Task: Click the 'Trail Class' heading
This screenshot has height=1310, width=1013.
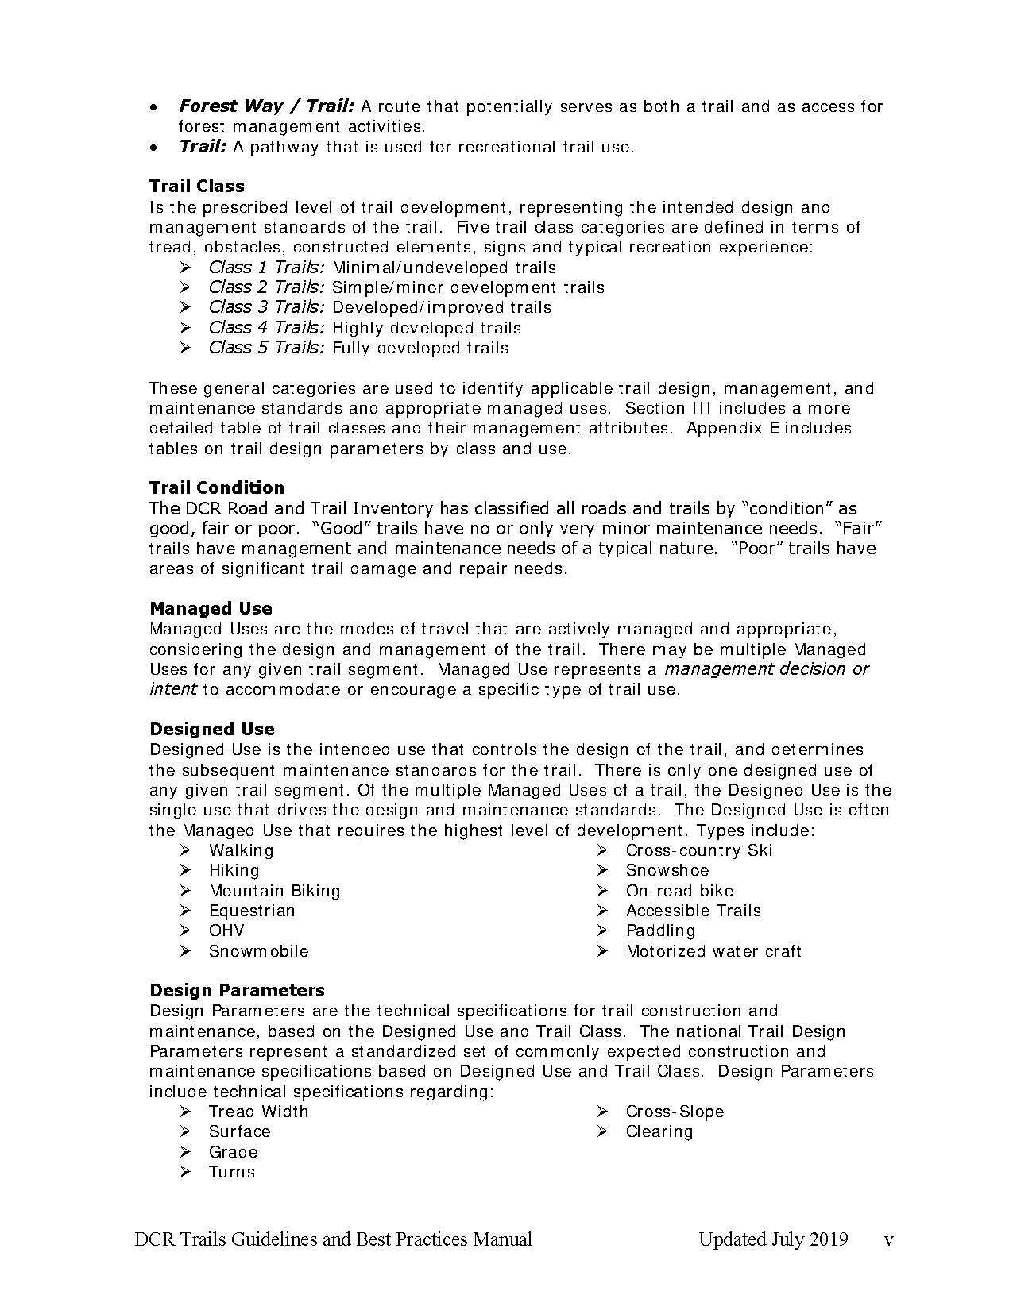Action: [x=197, y=187]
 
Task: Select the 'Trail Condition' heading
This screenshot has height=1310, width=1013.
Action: [x=217, y=487]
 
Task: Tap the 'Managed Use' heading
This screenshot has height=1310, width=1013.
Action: [x=211, y=609]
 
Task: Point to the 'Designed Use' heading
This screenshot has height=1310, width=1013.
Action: [x=212, y=730]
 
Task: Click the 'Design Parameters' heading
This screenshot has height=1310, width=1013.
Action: [x=237, y=991]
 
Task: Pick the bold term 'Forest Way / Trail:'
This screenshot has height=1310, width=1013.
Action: [x=266, y=106]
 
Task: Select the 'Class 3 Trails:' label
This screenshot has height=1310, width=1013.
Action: [x=266, y=307]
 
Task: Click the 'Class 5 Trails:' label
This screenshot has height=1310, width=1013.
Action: [x=266, y=348]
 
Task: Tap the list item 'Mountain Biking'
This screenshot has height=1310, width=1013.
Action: [x=274, y=891]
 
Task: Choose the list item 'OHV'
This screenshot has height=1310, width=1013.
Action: [x=226, y=930]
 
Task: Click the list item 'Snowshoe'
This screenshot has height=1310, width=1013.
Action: [x=667, y=870]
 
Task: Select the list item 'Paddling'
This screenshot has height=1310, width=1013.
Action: [x=660, y=930]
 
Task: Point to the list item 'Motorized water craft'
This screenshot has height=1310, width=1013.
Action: [x=713, y=951]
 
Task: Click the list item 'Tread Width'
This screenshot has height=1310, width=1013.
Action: [x=258, y=1112]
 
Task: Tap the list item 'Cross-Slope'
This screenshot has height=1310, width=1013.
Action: [x=675, y=1112]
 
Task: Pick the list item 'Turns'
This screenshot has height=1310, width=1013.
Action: [x=232, y=1172]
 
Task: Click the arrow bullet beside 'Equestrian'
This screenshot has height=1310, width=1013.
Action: [x=185, y=911]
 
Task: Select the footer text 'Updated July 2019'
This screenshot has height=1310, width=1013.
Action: [x=773, y=1239]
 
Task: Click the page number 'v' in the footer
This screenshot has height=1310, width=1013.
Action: [x=889, y=1240]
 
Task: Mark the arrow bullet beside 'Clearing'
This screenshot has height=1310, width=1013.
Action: [x=602, y=1132]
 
